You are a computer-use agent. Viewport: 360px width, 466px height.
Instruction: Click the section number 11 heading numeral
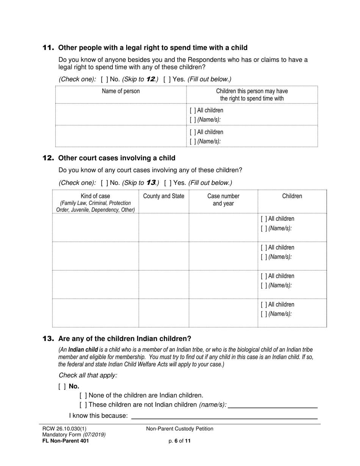48,48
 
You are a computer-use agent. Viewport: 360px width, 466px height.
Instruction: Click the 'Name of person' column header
121,91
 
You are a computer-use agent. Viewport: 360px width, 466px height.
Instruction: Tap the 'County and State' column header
163,196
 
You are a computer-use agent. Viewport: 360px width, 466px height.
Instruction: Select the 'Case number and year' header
223,200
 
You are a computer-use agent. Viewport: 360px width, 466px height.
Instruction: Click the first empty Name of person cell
121,114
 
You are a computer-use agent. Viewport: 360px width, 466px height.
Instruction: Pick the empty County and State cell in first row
163,227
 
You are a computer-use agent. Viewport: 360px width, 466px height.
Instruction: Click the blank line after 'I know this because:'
224,416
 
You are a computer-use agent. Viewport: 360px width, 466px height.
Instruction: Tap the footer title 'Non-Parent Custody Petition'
180,429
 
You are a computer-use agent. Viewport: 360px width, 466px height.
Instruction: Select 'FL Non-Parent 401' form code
66,441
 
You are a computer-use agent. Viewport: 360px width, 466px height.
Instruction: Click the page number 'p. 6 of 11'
180,441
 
